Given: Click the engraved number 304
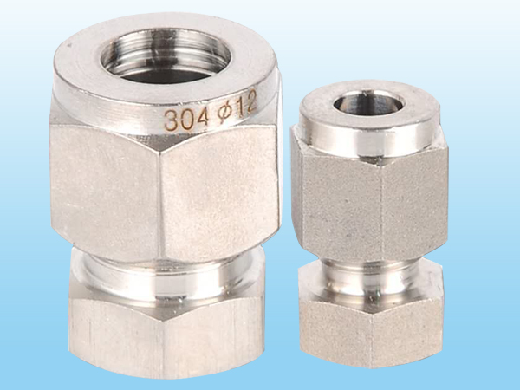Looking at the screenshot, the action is coord(186,119).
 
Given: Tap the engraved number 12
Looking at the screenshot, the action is coord(246,103).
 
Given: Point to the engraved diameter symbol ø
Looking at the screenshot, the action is coord(224,113).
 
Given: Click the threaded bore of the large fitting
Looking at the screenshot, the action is coord(166,56).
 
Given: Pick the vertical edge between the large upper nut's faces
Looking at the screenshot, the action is coord(160,205).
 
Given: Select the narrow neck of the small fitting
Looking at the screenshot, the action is coord(370,278).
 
